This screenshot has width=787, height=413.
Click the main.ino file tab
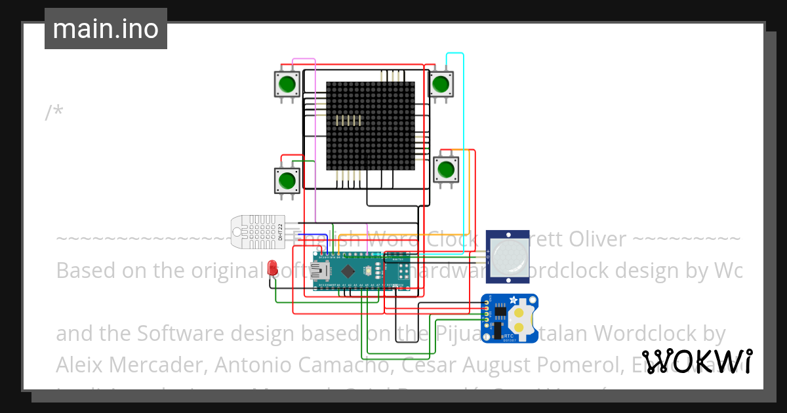point(106,29)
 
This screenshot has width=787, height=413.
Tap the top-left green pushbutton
point(287,84)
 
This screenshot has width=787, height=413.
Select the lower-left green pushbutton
point(287,180)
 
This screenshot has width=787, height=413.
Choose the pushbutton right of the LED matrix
point(446,168)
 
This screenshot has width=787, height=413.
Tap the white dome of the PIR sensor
point(507,254)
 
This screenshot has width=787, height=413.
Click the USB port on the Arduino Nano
point(323,270)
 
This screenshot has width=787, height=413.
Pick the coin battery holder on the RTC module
point(521,317)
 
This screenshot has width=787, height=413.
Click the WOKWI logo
point(696,361)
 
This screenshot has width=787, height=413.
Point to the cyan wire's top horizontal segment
point(455,53)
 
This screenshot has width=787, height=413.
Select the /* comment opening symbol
point(54,112)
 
